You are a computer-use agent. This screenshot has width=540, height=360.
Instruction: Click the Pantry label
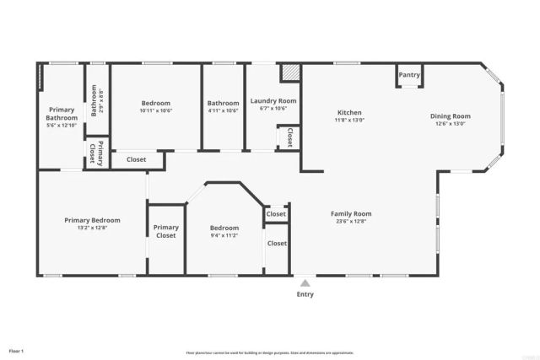pyautogui.click(x=409, y=75)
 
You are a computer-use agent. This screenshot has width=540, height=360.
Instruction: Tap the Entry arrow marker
pyautogui.click(x=304, y=282)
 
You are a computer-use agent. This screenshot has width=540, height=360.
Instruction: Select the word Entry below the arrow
pyautogui.click(x=305, y=294)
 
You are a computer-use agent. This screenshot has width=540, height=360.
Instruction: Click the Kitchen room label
pyautogui.click(x=349, y=113)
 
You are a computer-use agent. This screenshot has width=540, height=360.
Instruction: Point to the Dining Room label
pyautogui.click(x=451, y=116)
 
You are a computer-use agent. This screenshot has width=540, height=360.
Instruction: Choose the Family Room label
pyautogui.click(x=350, y=213)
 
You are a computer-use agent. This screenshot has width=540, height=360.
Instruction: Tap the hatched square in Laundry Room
pyautogui.click(x=290, y=73)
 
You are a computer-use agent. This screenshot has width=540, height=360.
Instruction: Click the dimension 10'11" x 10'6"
pyautogui.click(x=155, y=110)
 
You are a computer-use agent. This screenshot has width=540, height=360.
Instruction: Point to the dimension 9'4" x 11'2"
pyautogui.click(x=224, y=236)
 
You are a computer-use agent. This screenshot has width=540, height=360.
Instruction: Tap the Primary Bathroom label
pyautogui.click(x=62, y=114)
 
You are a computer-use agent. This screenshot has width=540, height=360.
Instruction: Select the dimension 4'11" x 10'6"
pyautogui.click(x=224, y=110)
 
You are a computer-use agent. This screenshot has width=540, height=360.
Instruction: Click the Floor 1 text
pyautogui.click(x=17, y=350)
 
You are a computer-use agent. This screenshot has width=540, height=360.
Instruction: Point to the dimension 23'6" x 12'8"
pyautogui.click(x=350, y=222)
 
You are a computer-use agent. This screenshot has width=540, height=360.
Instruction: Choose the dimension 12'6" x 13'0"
pyautogui.click(x=451, y=124)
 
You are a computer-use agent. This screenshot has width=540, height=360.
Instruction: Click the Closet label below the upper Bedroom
pyautogui.click(x=136, y=159)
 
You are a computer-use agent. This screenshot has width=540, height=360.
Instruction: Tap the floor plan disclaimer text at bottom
pyautogui.click(x=269, y=352)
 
